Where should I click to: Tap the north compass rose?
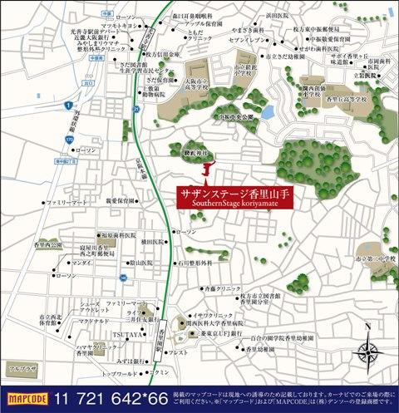[x=370, y=352]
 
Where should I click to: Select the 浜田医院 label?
[x=279, y=15]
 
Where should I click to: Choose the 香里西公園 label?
[x=49, y=247]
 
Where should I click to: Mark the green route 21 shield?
[x=135, y=110]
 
